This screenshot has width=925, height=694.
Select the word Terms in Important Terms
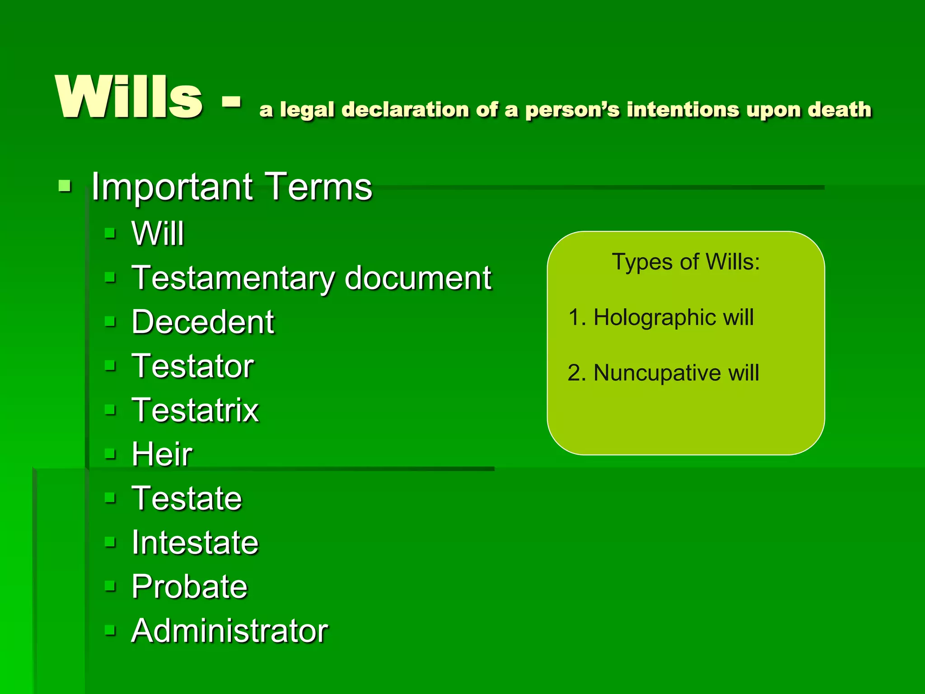(318, 187)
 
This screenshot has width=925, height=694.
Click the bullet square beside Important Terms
(65, 186)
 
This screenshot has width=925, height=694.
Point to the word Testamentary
(233, 278)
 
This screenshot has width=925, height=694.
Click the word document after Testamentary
(418, 278)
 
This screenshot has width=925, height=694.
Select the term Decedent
(203, 322)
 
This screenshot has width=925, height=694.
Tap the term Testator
(193, 366)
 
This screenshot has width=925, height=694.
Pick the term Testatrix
(195, 410)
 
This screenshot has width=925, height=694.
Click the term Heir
(162, 454)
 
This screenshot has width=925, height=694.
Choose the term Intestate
(195, 542)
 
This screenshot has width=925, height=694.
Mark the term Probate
(190, 586)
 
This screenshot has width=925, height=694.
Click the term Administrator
(229, 631)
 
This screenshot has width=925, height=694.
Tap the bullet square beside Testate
(110, 498)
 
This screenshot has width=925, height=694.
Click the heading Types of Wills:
(686, 262)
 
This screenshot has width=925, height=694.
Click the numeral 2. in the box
(576, 373)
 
